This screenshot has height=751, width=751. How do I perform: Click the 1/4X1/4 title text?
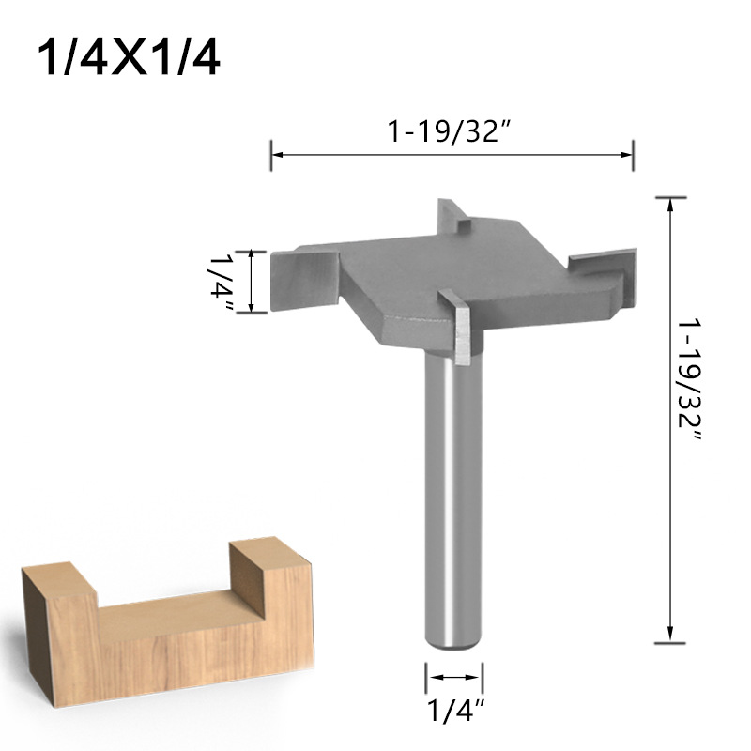coord(130,58)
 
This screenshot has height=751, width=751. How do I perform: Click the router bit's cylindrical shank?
coord(454,498)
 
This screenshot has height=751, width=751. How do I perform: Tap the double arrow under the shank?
coord(455,676)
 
